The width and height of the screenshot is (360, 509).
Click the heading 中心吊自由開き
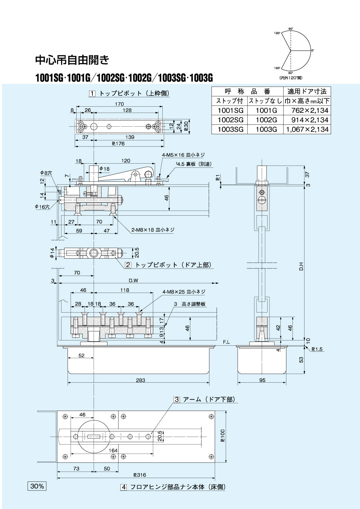[x=72, y=60]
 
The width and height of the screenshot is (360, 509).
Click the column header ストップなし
[x=265, y=101]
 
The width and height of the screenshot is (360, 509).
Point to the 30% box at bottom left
[x=37, y=486]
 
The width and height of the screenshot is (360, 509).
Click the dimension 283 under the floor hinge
[x=140, y=380]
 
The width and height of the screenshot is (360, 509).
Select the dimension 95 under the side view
[x=262, y=380]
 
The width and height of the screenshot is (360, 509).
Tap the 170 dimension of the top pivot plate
[x=119, y=104]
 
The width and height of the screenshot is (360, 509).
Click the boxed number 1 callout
[x=92, y=94]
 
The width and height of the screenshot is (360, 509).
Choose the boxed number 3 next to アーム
[x=177, y=399]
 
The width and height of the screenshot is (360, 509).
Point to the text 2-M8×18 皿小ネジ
[x=152, y=230]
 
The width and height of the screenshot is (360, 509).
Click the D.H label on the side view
[x=301, y=266]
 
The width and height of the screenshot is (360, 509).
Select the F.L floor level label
[x=226, y=342]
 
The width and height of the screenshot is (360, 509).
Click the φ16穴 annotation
[x=42, y=207]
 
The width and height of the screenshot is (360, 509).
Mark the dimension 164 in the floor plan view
[x=113, y=450]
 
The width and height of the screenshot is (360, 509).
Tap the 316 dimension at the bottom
[x=140, y=475]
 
